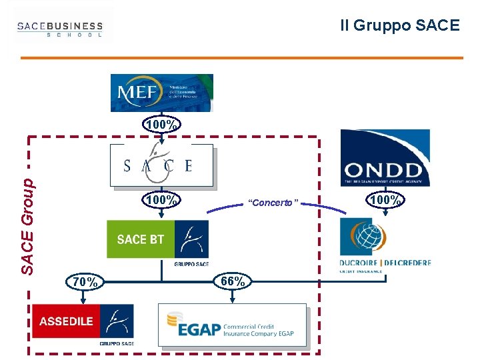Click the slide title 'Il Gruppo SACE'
click(399, 25)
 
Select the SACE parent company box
click(161, 165)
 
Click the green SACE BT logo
click(157, 239)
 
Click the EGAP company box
click(233, 325)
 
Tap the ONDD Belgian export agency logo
click(385, 158)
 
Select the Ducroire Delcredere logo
click(385, 246)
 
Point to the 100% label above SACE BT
click(162, 199)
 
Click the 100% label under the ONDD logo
click(385, 199)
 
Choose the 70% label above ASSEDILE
click(87, 282)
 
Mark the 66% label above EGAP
click(233, 281)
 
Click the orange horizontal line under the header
click(241, 58)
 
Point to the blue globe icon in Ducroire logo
click(364, 237)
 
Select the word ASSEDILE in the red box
click(66, 321)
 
